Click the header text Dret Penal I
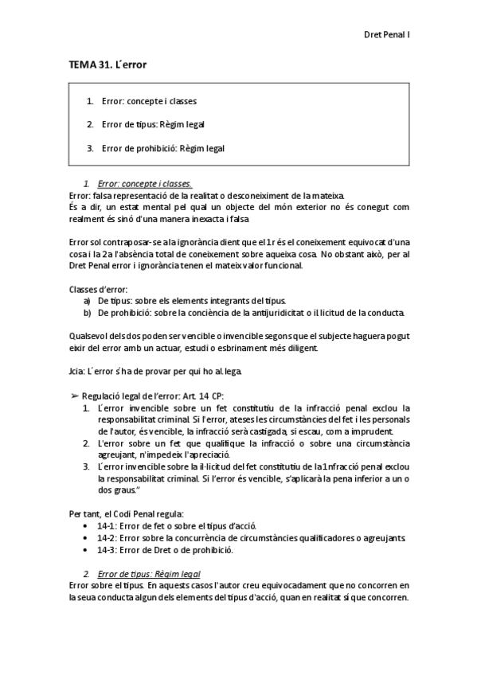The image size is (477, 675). pyautogui.click(x=385, y=35)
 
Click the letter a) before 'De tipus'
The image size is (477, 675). pyautogui.click(x=87, y=300)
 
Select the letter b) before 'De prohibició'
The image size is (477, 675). pyautogui.click(x=87, y=312)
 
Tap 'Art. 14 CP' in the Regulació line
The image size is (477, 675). pyautogui.click(x=203, y=396)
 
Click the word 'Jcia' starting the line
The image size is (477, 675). pyautogui.click(x=78, y=372)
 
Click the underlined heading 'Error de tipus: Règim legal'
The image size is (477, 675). pyautogui.click(x=147, y=573)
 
